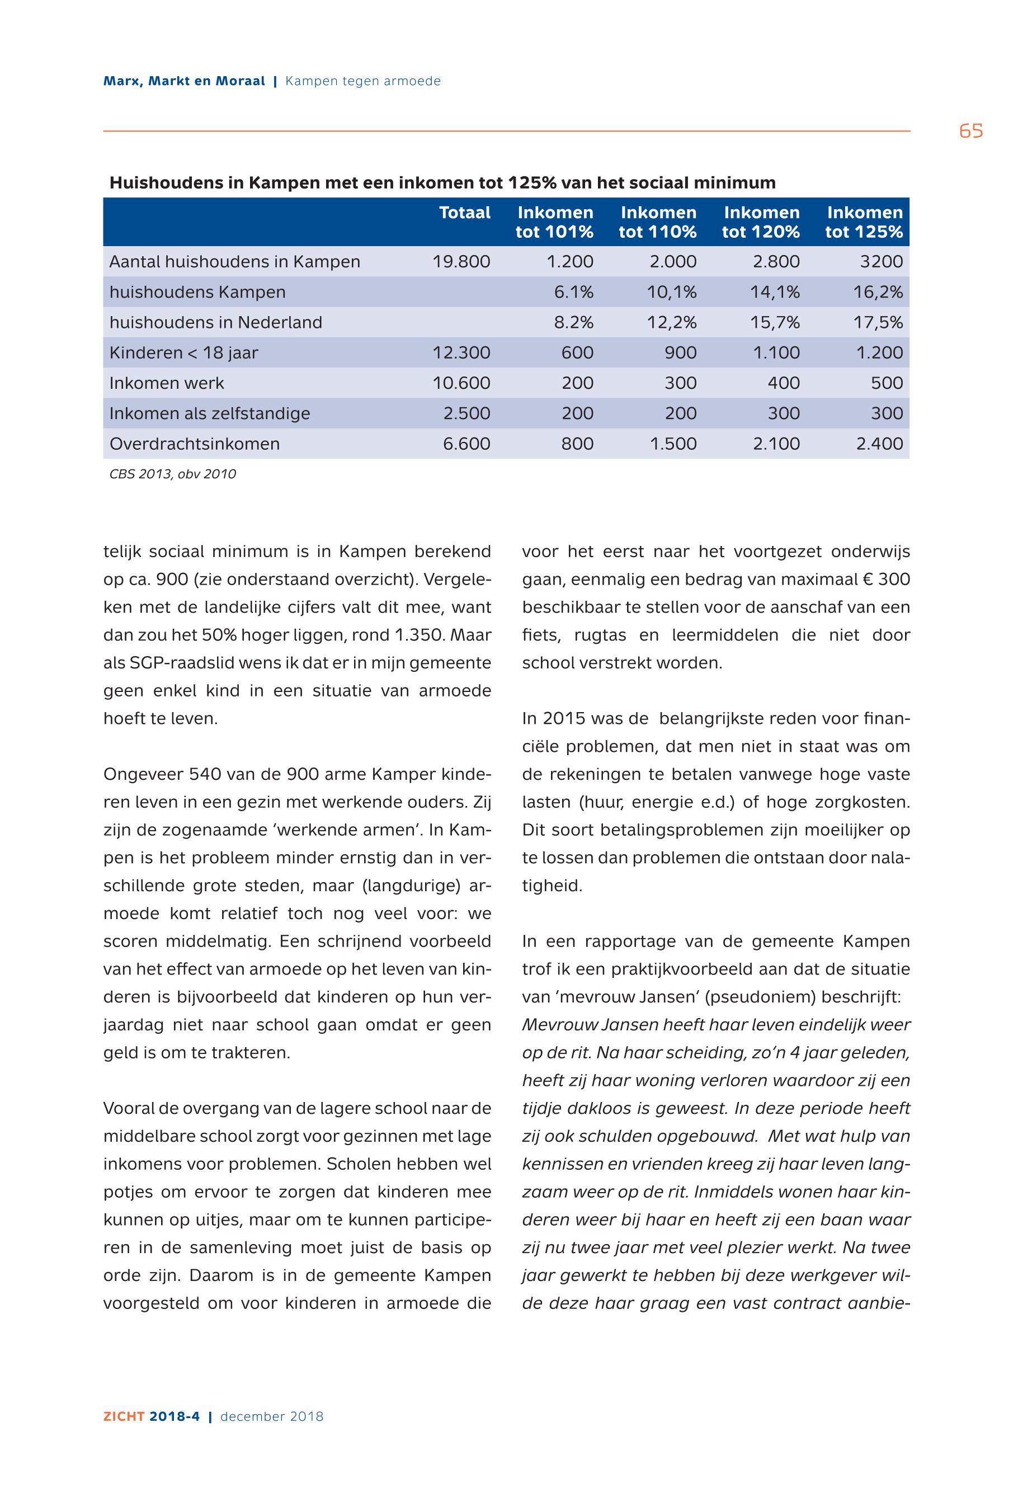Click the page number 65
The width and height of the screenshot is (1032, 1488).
(x=970, y=131)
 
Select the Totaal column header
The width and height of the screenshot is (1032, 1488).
(x=464, y=213)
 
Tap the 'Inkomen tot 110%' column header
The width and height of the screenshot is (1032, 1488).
(x=658, y=222)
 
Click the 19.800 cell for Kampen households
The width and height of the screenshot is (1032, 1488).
(x=461, y=262)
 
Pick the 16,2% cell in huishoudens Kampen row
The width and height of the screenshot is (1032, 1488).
(x=878, y=293)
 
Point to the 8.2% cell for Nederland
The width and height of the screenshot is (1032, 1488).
(x=573, y=323)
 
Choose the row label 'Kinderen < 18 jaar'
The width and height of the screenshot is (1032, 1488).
(x=183, y=353)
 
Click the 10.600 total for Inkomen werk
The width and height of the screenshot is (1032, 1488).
(x=461, y=384)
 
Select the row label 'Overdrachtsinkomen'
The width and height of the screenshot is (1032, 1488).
(x=195, y=444)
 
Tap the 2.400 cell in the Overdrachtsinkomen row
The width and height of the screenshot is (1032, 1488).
(x=879, y=444)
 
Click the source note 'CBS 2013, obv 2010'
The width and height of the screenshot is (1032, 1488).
(x=173, y=474)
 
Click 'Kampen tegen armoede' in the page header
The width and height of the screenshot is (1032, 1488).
(x=363, y=82)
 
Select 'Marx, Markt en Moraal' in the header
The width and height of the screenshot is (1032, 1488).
(x=184, y=82)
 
